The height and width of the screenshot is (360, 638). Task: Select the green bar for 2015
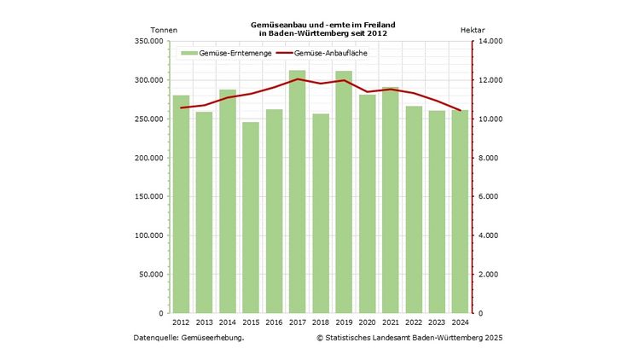(251, 218)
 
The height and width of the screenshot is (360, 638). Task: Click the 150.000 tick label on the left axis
(152, 196)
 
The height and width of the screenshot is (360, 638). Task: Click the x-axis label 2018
(321, 322)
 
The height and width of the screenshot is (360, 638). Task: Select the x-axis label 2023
(437, 322)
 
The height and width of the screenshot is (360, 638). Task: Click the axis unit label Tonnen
(165, 30)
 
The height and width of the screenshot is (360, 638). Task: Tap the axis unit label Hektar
(473, 30)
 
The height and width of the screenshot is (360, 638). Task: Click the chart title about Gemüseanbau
(317, 29)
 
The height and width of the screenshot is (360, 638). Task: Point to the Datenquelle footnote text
(189, 338)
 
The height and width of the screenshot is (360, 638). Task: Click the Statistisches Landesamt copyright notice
(409, 338)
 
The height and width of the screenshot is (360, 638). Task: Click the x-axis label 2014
(228, 322)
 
